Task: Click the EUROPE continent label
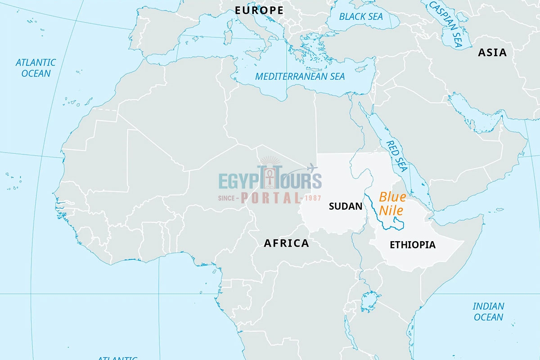259,10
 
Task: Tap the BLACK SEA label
361,17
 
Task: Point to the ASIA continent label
492,53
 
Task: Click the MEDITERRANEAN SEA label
300,76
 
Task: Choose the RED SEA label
396,156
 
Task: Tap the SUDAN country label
345,207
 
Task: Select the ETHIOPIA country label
412,245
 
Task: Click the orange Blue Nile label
392,203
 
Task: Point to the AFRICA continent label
286,243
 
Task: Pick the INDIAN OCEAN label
488,311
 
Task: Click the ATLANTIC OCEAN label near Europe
36,68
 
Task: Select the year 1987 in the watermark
312,198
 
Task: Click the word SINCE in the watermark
228,198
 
